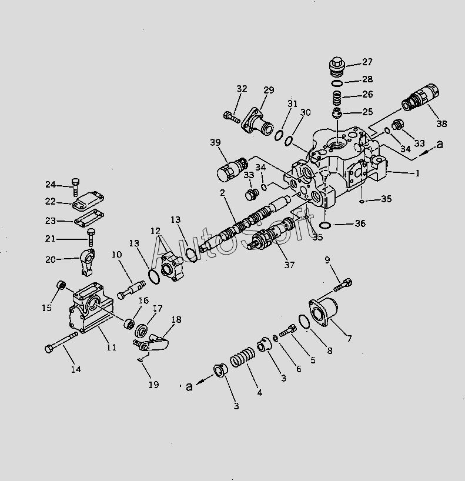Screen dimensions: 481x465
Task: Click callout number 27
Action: (367, 62)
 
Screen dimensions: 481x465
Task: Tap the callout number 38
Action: (441, 123)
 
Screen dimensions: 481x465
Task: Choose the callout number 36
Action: (360, 223)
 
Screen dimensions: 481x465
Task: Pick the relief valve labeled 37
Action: (267, 238)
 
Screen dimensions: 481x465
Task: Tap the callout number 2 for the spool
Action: (223, 193)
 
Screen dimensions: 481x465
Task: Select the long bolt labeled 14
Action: (61, 341)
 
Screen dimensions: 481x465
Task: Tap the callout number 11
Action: (112, 348)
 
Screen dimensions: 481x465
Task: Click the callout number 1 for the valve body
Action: (417, 173)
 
